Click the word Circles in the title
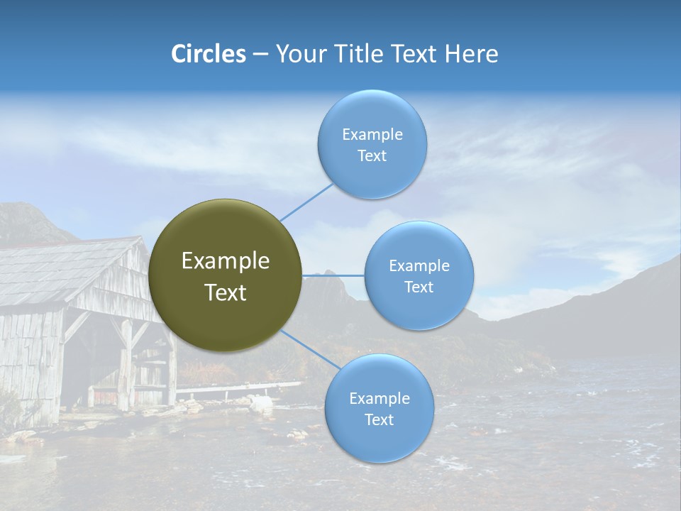coord(208,54)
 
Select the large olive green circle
coord(225,275)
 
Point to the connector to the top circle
coord(306,202)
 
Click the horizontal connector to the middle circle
coord(333,275)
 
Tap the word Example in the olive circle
coord(225,261)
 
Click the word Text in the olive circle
coord(225,292)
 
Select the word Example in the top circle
coord(372,135)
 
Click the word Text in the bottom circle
coord(379,419)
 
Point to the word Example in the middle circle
coord(419,266)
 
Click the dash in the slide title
coord(260,55)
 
